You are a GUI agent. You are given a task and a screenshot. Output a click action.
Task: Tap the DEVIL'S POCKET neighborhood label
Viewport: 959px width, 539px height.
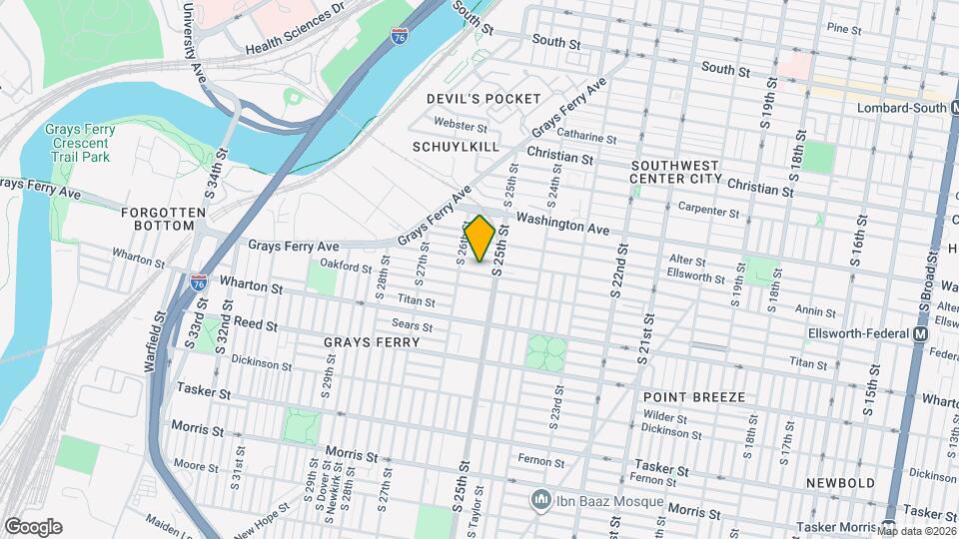483,99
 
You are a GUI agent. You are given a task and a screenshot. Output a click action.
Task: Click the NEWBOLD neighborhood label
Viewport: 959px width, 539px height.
841,483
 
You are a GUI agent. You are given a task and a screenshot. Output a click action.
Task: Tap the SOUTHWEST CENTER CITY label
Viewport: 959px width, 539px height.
675,171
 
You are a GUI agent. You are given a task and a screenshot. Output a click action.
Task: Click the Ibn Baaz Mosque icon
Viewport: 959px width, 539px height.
540,497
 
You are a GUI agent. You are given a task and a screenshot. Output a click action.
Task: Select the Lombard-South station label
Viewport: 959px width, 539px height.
900,108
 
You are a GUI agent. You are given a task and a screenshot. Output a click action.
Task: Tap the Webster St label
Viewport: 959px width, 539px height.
461,126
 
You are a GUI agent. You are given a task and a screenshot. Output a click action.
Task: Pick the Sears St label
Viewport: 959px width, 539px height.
412,325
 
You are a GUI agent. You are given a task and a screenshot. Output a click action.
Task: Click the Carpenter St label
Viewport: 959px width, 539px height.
707,210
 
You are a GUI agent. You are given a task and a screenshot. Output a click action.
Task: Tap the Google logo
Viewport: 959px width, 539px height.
33,526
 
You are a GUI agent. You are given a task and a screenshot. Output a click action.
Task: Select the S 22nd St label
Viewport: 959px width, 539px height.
616,270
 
